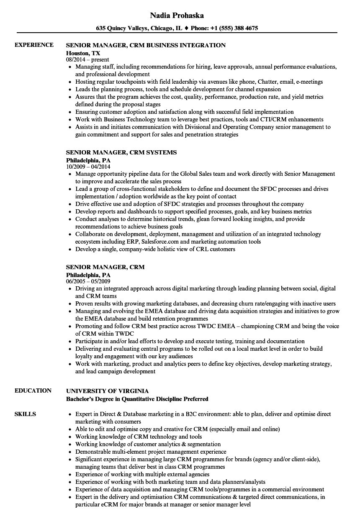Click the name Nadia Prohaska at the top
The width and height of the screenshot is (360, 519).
177,15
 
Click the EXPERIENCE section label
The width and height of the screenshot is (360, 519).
34,45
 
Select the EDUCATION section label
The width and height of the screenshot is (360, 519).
33,391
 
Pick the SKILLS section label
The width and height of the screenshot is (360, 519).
25,414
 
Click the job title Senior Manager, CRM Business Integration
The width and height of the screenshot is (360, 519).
146,45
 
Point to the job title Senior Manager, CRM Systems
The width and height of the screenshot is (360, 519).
121,152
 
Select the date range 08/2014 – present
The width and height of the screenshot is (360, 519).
88,60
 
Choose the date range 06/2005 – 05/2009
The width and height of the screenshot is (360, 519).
88,282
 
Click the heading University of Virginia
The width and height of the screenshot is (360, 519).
107,391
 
